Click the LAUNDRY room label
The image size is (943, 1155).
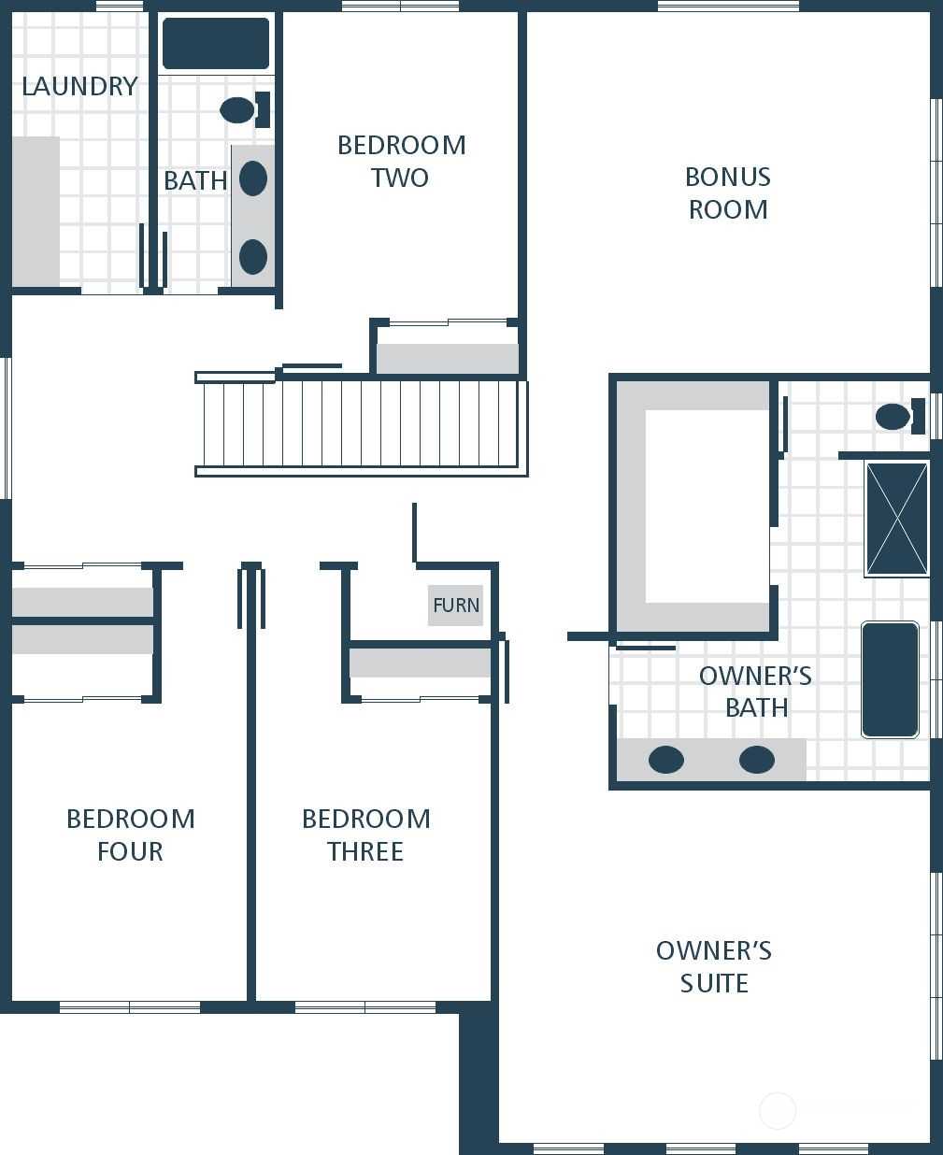click(79, 87)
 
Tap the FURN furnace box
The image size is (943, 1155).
click(455, 606)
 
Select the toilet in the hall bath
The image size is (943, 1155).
click(245, 109)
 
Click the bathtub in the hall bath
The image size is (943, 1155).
click(216, 43)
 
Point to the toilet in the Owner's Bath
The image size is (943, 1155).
click(900, 416)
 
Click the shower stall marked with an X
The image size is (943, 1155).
click(896, 519)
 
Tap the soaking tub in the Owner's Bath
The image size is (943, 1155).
click(890, 679)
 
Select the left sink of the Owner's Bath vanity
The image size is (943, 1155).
click(666, 760)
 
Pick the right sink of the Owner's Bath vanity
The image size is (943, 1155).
click(757, 760)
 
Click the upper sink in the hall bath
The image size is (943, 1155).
click(253, 178)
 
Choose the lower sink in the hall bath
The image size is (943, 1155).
click(253, 256)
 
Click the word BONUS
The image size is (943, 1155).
click(728, 177)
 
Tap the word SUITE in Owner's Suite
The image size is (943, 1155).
click(714, 983)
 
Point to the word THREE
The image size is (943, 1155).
click(365, 851)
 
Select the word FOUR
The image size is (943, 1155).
click(130, 851)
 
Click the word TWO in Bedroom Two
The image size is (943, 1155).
click(400, 178)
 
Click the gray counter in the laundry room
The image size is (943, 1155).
click(36, 211)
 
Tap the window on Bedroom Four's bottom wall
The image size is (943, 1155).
click(130, 1006)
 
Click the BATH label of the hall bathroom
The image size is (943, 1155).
click(195, 180)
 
